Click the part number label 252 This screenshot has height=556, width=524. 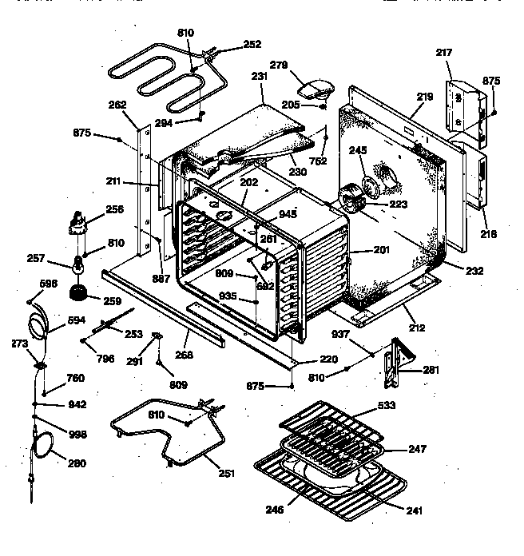coord(252,44)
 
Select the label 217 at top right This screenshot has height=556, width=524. coord(444,53)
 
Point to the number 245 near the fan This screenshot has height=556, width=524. coord(357,149)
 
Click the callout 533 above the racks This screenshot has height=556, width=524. coord(386,406)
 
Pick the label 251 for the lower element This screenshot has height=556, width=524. coord(226,473)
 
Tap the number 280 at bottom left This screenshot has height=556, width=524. coord(76,463)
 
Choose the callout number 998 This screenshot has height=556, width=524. coord(77,435)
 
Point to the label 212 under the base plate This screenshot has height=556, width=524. coord(416,327)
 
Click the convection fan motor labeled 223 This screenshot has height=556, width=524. coord(351,198)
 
